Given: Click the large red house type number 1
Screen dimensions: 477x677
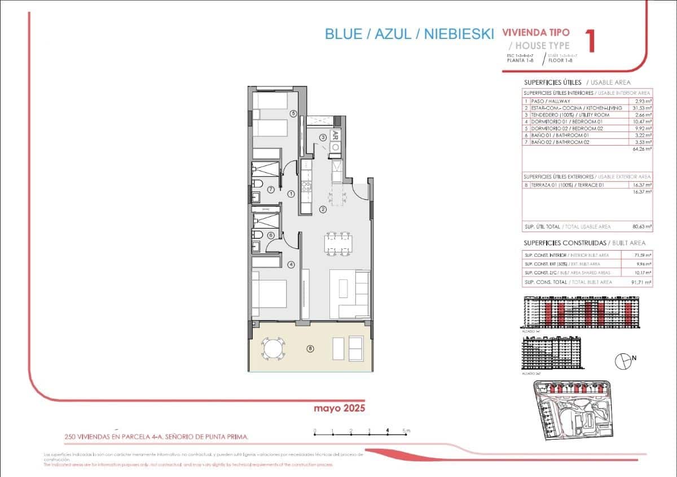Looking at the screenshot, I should click(x=591, y=42).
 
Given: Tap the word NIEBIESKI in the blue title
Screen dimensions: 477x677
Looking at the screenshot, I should click(x=459, y=34).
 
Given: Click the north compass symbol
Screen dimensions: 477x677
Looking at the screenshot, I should click(x=623, y=359).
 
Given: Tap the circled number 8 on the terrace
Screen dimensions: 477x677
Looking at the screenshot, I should click(x=310, y=349).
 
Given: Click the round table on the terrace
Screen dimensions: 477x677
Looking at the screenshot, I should click(x=272, y=348).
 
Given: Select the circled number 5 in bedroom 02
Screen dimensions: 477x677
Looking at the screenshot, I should click(x=293, y=113).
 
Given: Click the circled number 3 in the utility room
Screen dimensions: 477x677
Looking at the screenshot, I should click(x=323, y=137).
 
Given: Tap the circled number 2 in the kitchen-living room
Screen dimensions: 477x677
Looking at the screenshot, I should click(x=323, y=209).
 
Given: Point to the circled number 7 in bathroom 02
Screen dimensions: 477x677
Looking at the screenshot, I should click(x=271, y=189).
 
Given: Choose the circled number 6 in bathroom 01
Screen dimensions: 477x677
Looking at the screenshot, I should click(x=271, y=235).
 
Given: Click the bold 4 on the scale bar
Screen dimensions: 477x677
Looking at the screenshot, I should click(x=388, y=431).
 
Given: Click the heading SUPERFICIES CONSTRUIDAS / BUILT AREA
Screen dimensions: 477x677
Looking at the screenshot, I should click(x=584, y=243).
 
